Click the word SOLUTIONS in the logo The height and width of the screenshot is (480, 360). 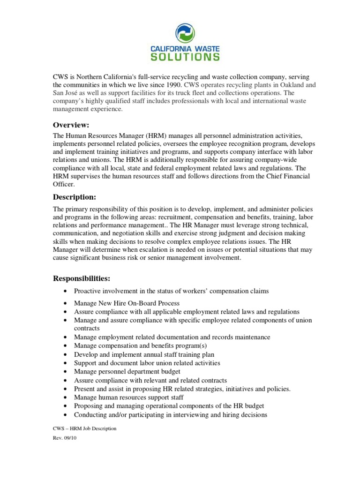click(x=185, y=57)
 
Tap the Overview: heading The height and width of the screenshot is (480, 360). click(x=71, y=125)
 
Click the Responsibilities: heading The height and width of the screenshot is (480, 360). click(x=82, y=278)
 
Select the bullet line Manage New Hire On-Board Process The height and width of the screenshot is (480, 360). click(x=127, y=303)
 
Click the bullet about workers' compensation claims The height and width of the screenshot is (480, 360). click(x=171, y=291)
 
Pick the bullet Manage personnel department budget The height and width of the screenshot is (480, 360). click(x=127, y=372)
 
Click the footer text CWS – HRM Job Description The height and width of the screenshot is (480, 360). click(x=84, y=429)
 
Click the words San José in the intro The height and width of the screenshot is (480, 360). click(x=64, y=93)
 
